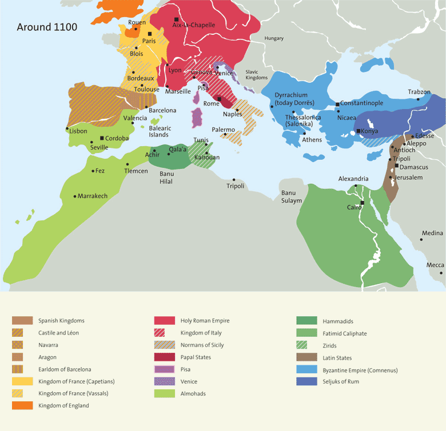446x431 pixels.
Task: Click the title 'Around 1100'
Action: [x=47, y=27]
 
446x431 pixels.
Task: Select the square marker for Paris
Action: [x=150, y=34]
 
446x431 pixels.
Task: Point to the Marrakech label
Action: [x=93, y=196]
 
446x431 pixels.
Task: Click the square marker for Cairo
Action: [x=363, y=203]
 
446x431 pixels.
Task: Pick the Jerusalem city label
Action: [x=408, y=178]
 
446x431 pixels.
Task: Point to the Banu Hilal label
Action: [x=166, y=178]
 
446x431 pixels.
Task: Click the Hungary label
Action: [x=274, y=38]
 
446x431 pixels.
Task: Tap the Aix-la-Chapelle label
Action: [x=194, y=25]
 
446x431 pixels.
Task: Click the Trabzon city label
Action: [x=419, y=92]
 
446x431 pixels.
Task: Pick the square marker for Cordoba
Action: [x=102, y=138]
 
